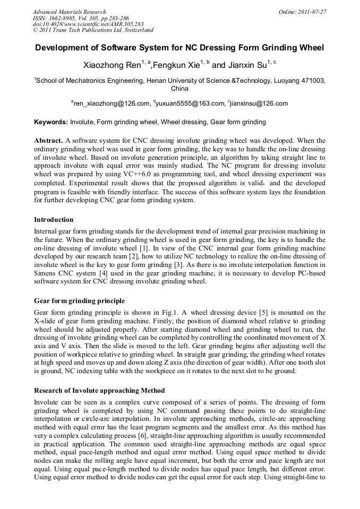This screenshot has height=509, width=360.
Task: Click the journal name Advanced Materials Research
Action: click(x=69, y=12)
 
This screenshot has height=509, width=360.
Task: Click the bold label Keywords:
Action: click(x=51, y=122)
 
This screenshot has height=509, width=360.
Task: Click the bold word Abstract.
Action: click(x=48, y=141)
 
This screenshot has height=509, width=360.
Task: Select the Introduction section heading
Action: click(x=54, y=219)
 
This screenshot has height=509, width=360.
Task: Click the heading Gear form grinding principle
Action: click(x=79, y=301)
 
